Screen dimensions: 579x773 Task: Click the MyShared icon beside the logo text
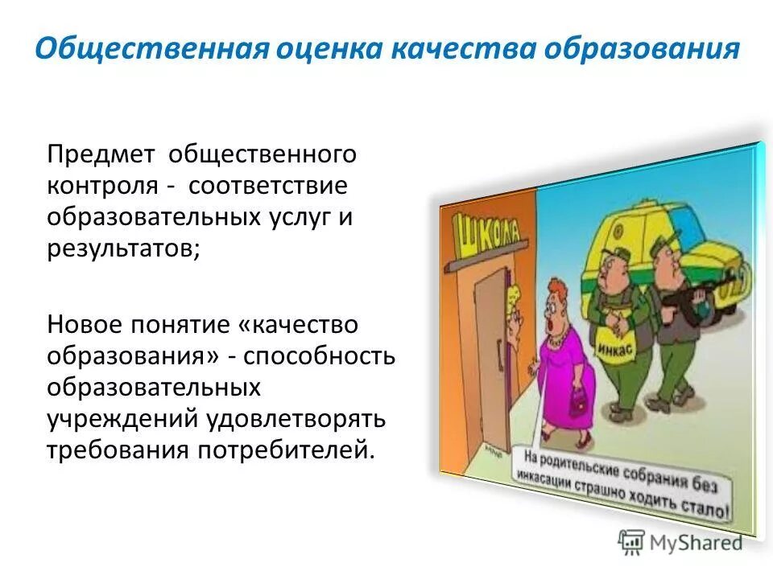(x=631, y=541)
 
